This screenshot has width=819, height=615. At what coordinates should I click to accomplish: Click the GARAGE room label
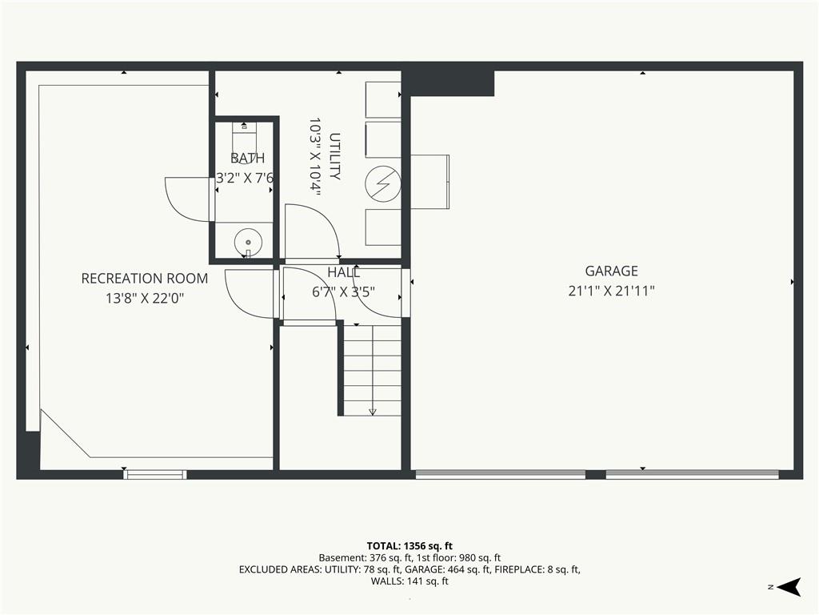pyautogui.click(x=611, y=271)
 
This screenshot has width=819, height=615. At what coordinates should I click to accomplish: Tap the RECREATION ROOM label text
pyautogui.click(x=145, y=278)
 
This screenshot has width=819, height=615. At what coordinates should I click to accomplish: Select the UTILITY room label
pyautogui.click(x=335, y=156)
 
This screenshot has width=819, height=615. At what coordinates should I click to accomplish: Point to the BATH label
pyautogui.click(x=248, y=158)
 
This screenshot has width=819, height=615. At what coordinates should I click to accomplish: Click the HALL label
pyautogui.click(x=344, y=272)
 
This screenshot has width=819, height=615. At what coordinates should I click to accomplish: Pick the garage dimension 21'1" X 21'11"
pyautogui.click(x=612, y=291)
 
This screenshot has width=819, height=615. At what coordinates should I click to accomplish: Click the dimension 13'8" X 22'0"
pyautogui.click(x=145, y=298)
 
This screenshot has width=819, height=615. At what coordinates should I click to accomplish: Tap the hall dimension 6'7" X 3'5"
pyautogui.click(x=344, y=291)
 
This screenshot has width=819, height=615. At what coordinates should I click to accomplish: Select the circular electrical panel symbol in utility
pyautogui.click(x=383, y=184)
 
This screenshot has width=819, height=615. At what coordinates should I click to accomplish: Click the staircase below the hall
pyautogui.click(x=372, y=370)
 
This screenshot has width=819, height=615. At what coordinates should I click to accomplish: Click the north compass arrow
pyautogui.click(x=789, y=587)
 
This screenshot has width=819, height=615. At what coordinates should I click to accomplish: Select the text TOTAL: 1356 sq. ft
pyautogui.click(x=409, y=546)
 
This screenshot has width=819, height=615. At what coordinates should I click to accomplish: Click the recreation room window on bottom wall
pyautogui.click(x=155, y=475)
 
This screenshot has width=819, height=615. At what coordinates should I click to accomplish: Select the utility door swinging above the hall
pyautogui.click(x=313, y=231)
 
